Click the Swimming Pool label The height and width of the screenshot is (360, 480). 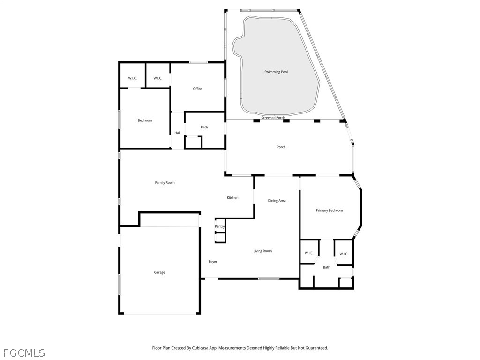click(276, 72)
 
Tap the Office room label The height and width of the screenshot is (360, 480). click(197, 89)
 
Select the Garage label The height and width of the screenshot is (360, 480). click(159, 272)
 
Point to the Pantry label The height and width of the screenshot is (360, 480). click(219, 226)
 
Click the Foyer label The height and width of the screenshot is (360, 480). click(213, 262)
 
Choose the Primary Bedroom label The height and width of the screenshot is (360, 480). click(330, 210)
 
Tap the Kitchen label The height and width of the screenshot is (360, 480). click(232, 198)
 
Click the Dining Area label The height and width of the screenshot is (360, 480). click(277, 201)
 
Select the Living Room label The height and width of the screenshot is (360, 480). click(262, 251)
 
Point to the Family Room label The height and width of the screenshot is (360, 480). click(165, 183)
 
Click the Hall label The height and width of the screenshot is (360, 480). click(178, 133)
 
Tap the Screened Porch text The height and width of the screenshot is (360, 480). click(273, 118)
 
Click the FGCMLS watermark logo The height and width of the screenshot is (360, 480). click(24, 353)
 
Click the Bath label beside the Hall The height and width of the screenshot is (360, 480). click(204, 127)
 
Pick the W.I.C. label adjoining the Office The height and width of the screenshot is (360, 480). click(157, 78)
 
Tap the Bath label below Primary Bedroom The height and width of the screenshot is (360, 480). click(327, 267)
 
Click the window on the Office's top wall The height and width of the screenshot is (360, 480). click(198, 62)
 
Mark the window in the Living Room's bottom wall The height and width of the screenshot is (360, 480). click(269, 278)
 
